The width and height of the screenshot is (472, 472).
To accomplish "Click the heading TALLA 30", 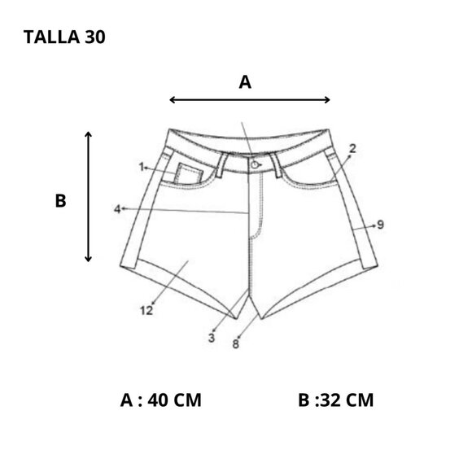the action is [64, 37].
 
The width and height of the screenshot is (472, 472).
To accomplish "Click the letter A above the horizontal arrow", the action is [245, 82].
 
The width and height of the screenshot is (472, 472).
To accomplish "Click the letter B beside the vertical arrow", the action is [60, 201].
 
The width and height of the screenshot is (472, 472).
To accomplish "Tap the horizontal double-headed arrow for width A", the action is [250, 99].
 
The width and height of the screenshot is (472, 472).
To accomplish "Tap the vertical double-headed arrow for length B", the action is [88, 197].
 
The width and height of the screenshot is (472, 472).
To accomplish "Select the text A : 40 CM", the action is [161, 400].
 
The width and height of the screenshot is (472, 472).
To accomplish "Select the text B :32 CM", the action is [335, 400].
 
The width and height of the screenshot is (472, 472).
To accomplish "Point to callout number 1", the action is [142, 167].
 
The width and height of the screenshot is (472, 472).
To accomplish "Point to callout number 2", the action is [352, 148].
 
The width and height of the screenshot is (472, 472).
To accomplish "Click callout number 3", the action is [212, 338].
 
